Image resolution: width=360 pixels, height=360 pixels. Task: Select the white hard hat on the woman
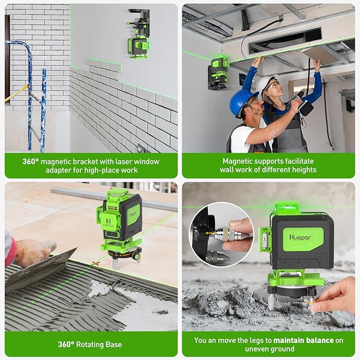(x=265, y=84)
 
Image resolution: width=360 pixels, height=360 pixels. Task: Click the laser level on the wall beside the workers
(x=218, y=72)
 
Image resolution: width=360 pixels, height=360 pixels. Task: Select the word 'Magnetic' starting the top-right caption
(x=239, y=161)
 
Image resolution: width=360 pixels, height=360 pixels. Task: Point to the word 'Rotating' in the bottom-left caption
(x=93, y=345)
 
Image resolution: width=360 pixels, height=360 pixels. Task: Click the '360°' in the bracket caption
(x=31, y=161)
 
